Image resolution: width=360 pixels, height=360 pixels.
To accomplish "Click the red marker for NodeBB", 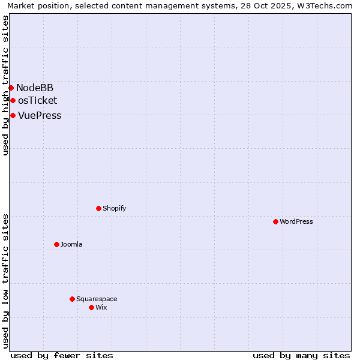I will [x=11, y=88].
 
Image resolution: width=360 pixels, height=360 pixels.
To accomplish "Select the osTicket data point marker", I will [x=13, y=101].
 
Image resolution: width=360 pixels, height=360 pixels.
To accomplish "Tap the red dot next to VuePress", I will [x=13, y=116].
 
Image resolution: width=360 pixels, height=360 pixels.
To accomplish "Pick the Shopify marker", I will [x=98, y=209].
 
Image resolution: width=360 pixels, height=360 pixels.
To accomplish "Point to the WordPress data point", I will [x=275, y=222].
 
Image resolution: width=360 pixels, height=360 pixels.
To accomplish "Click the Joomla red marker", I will [x=56, y=245].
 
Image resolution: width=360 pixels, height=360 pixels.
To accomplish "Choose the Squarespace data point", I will [x=72, y=299].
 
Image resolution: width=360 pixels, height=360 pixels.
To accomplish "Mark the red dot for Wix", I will [x=91, y=308].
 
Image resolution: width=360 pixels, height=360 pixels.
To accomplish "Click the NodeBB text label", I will [x=35, y=88].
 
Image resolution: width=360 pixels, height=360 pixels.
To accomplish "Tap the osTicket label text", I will [x=37, y=101].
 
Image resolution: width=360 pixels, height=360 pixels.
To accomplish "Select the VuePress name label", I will [x=40, y=116].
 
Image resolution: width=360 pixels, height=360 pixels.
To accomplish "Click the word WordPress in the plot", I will [x=296, y=222].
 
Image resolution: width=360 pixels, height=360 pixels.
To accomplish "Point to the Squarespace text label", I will [x=97, y=299].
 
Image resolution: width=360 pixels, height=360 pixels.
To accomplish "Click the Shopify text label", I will [x=114, y=209].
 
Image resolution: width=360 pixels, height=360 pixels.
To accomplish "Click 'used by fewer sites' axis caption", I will [x=62, y=355].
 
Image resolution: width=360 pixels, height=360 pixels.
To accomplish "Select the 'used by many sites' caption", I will [x=301, y=355].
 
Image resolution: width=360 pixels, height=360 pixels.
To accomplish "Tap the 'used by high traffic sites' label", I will [x=5, y=85].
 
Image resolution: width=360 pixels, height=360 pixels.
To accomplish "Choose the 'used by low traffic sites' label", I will [x=5, y=280].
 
